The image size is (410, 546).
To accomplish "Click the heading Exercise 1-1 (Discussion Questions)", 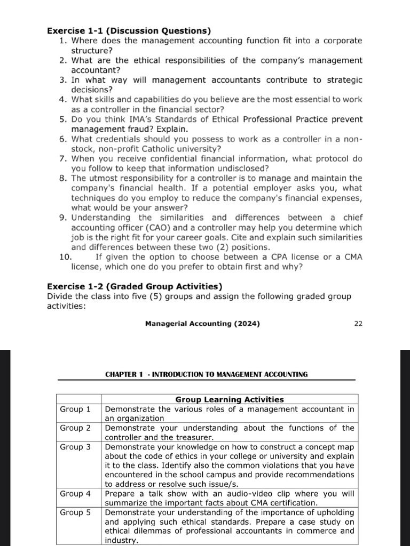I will coord(129,30).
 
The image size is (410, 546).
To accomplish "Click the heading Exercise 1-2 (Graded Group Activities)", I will coord(135,286).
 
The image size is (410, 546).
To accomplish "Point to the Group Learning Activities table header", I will coord(230,399).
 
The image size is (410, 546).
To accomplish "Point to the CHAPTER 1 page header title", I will coord(206,374).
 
